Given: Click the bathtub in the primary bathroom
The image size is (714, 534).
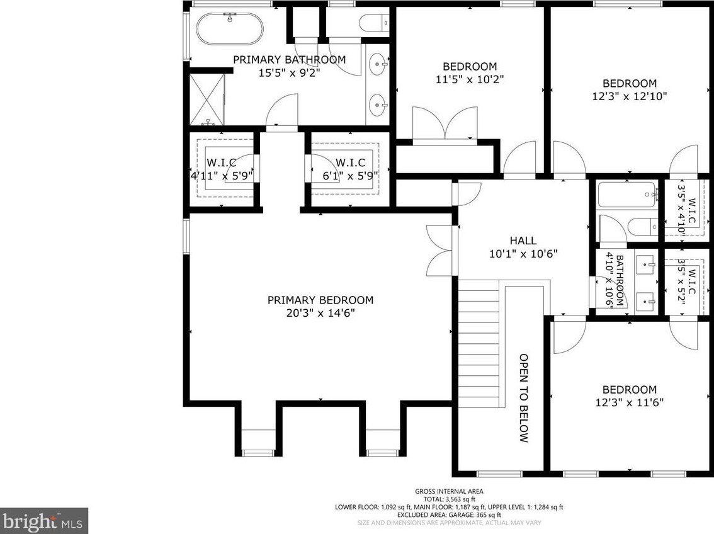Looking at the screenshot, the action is (x=229, y=29).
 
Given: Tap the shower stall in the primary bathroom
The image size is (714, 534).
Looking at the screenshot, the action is (x=207, y=99).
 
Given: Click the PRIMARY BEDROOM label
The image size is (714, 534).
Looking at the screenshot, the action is (x=320, y=300).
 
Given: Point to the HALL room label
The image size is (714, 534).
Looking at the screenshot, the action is (x=523, y=241).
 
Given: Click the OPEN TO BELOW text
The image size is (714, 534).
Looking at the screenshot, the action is (x=524, y=398).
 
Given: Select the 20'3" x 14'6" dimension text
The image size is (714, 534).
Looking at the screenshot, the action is (x=320, y=313).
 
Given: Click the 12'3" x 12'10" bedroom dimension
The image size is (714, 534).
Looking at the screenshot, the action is (x=630, y=96).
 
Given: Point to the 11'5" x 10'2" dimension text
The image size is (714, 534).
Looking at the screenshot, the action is (x=470, y=80).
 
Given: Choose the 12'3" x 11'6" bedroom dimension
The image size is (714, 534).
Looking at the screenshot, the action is (x=630, y=402).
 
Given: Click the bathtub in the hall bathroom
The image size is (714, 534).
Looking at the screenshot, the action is (x=628, y=195).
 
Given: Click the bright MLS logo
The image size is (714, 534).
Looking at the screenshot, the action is (x=43, y=521).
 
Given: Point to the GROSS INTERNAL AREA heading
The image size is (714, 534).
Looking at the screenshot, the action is (x=449, y=491).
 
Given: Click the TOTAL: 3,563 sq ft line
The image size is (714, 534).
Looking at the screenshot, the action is (x=449, y=499).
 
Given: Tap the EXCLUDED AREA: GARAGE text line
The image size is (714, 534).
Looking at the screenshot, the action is (x=449, y=515).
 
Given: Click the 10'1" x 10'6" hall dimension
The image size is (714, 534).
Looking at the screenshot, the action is (x=523, y=254).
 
